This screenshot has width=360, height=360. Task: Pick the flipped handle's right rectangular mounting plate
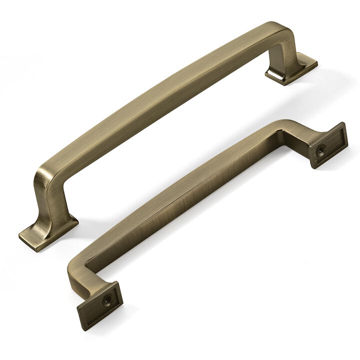(328, 145)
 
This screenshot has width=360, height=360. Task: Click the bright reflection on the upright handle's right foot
(275, 75)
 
